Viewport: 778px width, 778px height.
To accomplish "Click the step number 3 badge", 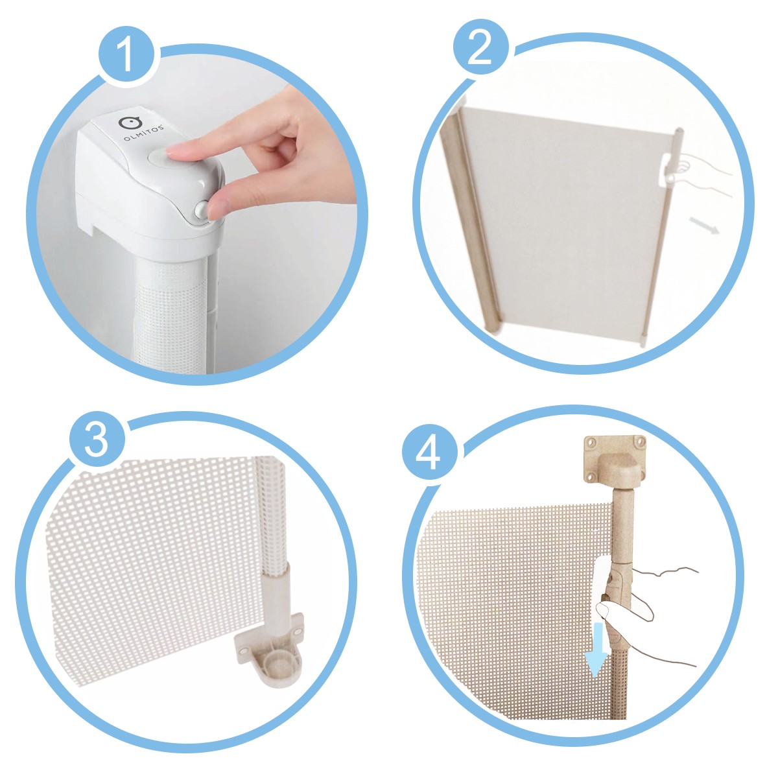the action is click(x=97, y=440).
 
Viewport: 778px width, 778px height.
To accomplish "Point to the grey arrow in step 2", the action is click(x=704, y=225).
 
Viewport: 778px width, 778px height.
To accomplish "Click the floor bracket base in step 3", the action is click(x=268, y=673).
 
